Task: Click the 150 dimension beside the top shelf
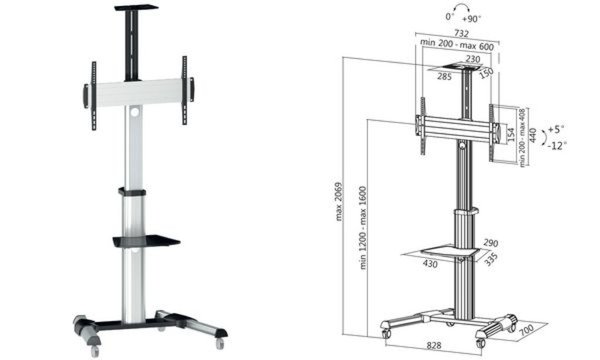(x=485, y=74)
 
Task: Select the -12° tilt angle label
(x=558, y=146)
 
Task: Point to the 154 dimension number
(x=509, y=134)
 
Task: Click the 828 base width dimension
(x=428, y=347)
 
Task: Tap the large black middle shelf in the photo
(x=145, y=240)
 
